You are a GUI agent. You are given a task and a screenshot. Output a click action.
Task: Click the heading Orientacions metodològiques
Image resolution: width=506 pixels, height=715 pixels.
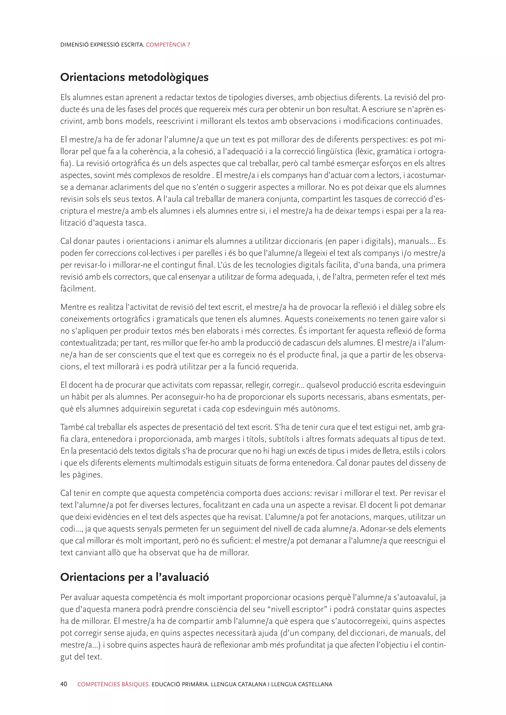pyautogui.click(x=134, y=77)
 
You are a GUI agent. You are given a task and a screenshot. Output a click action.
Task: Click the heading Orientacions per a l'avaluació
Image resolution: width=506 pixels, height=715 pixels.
pyautogui.click(x=134, y=577)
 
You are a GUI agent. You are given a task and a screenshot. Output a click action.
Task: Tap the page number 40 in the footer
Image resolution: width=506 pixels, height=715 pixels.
pyautogui.click(x=63, y=684)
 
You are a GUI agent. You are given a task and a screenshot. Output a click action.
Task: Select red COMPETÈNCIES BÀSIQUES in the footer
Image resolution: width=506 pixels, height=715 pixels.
pyautogui.click(x=113, y=684)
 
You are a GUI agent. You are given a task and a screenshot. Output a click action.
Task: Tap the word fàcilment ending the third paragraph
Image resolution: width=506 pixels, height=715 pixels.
pyautogui.click(x=78, y=289)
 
